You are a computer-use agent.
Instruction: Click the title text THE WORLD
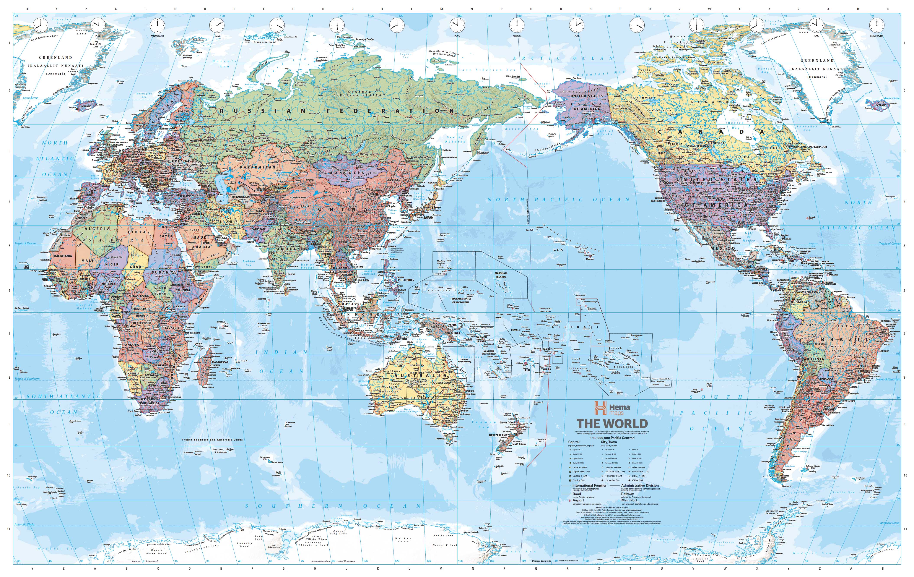click(x=612, y=424)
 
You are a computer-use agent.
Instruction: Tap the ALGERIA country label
click(x=97, y=229)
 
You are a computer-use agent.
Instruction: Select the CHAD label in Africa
click(x=135, y=267)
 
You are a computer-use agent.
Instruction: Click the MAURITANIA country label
click(x=63, y=256)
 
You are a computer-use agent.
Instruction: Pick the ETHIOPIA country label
click(x=183, y=290)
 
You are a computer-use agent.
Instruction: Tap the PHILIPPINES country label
click(x=406, y=280)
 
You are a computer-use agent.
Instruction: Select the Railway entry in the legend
click(x=627, y=494)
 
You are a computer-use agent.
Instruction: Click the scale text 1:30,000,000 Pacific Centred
click(x=612, y=438)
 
